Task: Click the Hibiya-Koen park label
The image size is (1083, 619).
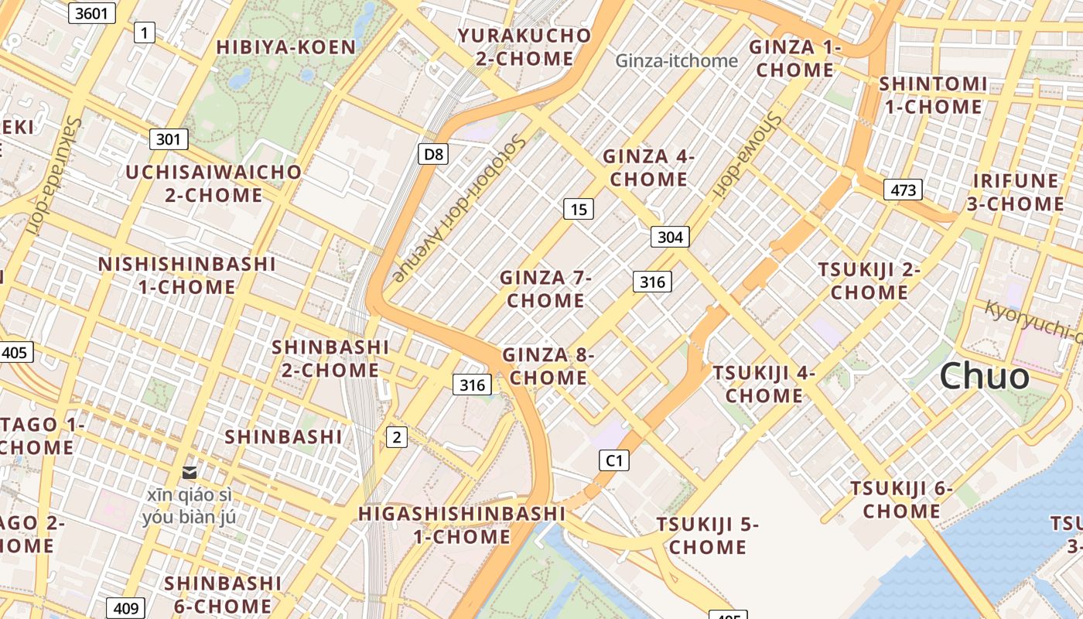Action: pyautogui.click(x=285, y=47)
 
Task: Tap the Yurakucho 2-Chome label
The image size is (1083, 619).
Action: pyautogui.click(x=524, y=47)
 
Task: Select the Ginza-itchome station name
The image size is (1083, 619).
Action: pyautogui.click(x=676, y=60)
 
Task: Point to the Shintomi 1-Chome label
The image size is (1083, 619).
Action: pyautogui.click(x=933, y=95)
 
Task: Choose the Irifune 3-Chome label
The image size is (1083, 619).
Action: pyautogui.click(x=1018, y=193)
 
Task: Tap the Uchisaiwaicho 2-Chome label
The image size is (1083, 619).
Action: pyautogui.click(x=214, y=183)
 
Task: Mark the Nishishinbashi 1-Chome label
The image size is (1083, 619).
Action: pyautogui.click(x=186, y=275)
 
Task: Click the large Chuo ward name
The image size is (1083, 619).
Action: pyautogui.click(x=984, y=377)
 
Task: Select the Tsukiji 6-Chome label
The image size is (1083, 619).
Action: pyautogui.click(x=901, y=500)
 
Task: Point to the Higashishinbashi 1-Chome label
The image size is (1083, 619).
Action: pyautogui.click(x=462, y=525)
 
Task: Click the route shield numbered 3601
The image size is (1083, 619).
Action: pyautogui.click(x=91, y=12)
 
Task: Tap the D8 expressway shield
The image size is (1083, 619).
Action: pyautogui.click(x=434, y=154)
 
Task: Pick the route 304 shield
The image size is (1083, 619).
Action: pyautogui.click(x=669, y=237)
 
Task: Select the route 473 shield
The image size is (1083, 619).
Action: pyautogui.click(x=903, y=190)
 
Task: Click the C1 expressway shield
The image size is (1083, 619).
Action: pyautogui.click(x=613, y=460)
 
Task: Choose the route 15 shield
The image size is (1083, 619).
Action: pyautogui.click(x=579, y=208)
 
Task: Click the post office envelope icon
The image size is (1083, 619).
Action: pyautogui.click(x=189, y=472)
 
